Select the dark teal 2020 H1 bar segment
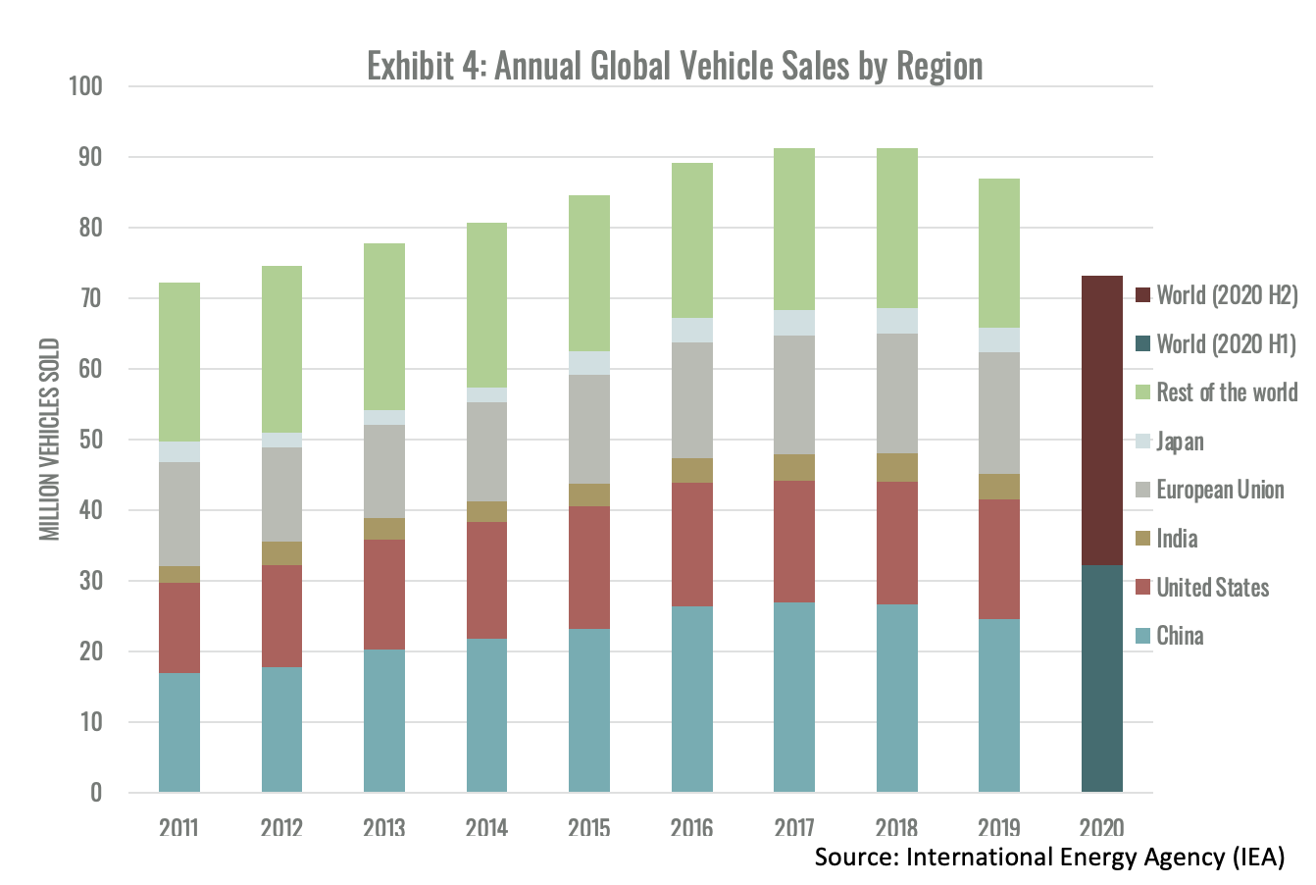tap(1101, 678)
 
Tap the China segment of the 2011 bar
tap(178, 732)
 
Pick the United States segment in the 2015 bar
tap(588, 567)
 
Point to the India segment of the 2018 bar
tap(896, 467)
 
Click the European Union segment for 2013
tap(383, 471)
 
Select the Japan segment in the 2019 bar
tap(998, 339)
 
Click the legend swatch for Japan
tap(1142, 442)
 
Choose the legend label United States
tap(1212, 588)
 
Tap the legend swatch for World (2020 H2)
tap(1142, 295)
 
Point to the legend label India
tap(1177, 539)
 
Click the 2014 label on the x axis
tap(486, 827)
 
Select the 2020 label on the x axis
tap(1101, 827)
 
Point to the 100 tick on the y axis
tap(85, 86)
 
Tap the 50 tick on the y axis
tap(90, 440)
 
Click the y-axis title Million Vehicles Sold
tap(50, 439)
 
